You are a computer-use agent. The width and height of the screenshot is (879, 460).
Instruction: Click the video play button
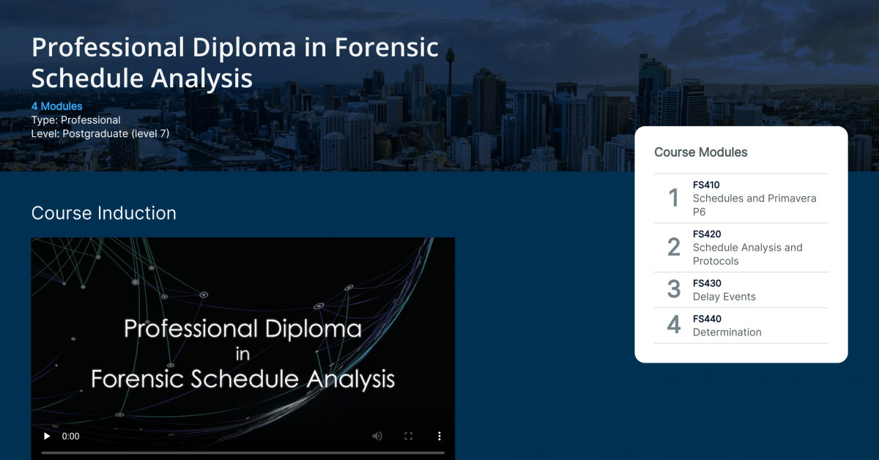click(47, 436)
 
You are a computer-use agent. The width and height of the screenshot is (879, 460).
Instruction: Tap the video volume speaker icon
click(377, 436)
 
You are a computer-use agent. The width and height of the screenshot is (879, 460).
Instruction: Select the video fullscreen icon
click(409, 436)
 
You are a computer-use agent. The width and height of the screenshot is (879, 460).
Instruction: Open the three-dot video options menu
click(439, 436)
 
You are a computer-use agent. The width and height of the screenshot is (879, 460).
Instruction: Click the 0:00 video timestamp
click(70, 436)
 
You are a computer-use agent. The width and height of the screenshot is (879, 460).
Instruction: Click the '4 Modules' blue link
click(57, 106)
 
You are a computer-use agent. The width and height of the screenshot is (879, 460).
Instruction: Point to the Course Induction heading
click(104, 213)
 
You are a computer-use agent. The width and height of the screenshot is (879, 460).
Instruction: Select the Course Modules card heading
click(701, 152)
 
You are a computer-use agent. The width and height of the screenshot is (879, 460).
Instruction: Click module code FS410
click(706, 185)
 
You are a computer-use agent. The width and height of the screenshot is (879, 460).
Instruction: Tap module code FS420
click(707, 234)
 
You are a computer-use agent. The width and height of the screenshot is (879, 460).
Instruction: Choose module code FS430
click(707, 283)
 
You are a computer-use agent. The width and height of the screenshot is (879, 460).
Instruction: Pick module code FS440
click(707, 319)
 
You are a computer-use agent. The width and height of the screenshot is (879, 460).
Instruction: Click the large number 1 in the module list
click(674, 198)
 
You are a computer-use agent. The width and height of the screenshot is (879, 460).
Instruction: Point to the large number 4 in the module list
click(674, 324)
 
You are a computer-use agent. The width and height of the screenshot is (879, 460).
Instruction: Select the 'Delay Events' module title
click(724, 297)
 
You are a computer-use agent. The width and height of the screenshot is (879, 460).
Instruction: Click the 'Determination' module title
click(727, 332)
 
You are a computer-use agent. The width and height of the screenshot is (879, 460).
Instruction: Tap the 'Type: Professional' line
click(76, 120)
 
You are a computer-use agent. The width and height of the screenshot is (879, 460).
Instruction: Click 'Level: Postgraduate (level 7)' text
click(100, 134)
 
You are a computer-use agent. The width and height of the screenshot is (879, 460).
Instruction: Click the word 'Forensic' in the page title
click(387, 48)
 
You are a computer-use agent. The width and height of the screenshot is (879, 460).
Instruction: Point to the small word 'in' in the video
click(243, 355)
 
